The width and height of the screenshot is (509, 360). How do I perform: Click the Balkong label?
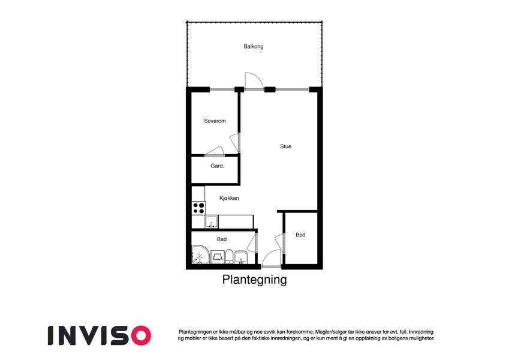[x=254, y=46]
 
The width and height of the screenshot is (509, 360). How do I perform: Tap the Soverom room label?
[x=215, y=121]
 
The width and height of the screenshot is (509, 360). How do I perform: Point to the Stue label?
[x=285, y=146]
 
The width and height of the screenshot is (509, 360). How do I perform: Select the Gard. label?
[x=217, y=166]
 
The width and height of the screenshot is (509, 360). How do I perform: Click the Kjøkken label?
[x=229, y=198]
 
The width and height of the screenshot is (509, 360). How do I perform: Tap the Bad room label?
[x=222, y=239]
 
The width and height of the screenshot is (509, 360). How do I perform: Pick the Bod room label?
[x=300, y=235]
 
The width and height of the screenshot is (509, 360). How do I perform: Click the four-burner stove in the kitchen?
[x=198, y=208]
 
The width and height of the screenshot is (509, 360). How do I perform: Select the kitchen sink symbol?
[x=211, y=221]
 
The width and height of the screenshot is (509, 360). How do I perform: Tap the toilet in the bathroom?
[x=229, y=257]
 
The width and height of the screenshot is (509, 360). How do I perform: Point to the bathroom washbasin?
[x=240, y=257]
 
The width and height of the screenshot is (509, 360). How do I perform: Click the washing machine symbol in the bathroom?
[x=218, y=257]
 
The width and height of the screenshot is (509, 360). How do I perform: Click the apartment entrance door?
[x=272, y=259]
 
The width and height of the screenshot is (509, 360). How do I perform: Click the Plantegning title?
[x=254, y=280]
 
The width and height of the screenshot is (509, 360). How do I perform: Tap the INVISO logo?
[x=100, y=335]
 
